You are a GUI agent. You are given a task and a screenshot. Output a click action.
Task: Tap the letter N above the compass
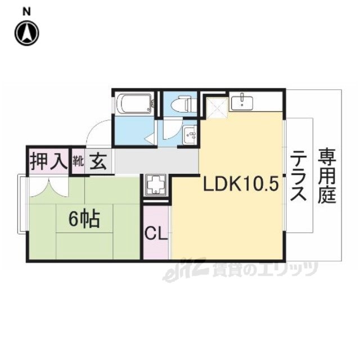tap(26, 12)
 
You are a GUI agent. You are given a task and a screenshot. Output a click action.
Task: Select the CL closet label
tap(156, 233)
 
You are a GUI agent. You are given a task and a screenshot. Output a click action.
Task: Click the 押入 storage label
tap(49, 161)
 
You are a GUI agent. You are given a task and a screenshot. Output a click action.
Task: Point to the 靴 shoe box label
tap(78, 161)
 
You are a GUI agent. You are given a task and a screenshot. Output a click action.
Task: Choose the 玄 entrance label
tap(98, 161)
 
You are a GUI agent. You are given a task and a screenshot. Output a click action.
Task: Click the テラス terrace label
tap(298, 175)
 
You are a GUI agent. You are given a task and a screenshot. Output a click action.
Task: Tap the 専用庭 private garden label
tap(327, 175)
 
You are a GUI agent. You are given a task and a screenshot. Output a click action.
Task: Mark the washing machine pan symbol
tap(156, 185)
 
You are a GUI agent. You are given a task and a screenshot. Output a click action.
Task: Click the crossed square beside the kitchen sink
tap(217, 107)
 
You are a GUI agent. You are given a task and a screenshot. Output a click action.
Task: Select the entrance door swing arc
tap(95, 129)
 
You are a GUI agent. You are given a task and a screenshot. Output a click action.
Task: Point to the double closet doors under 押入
tap(49, 187)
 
